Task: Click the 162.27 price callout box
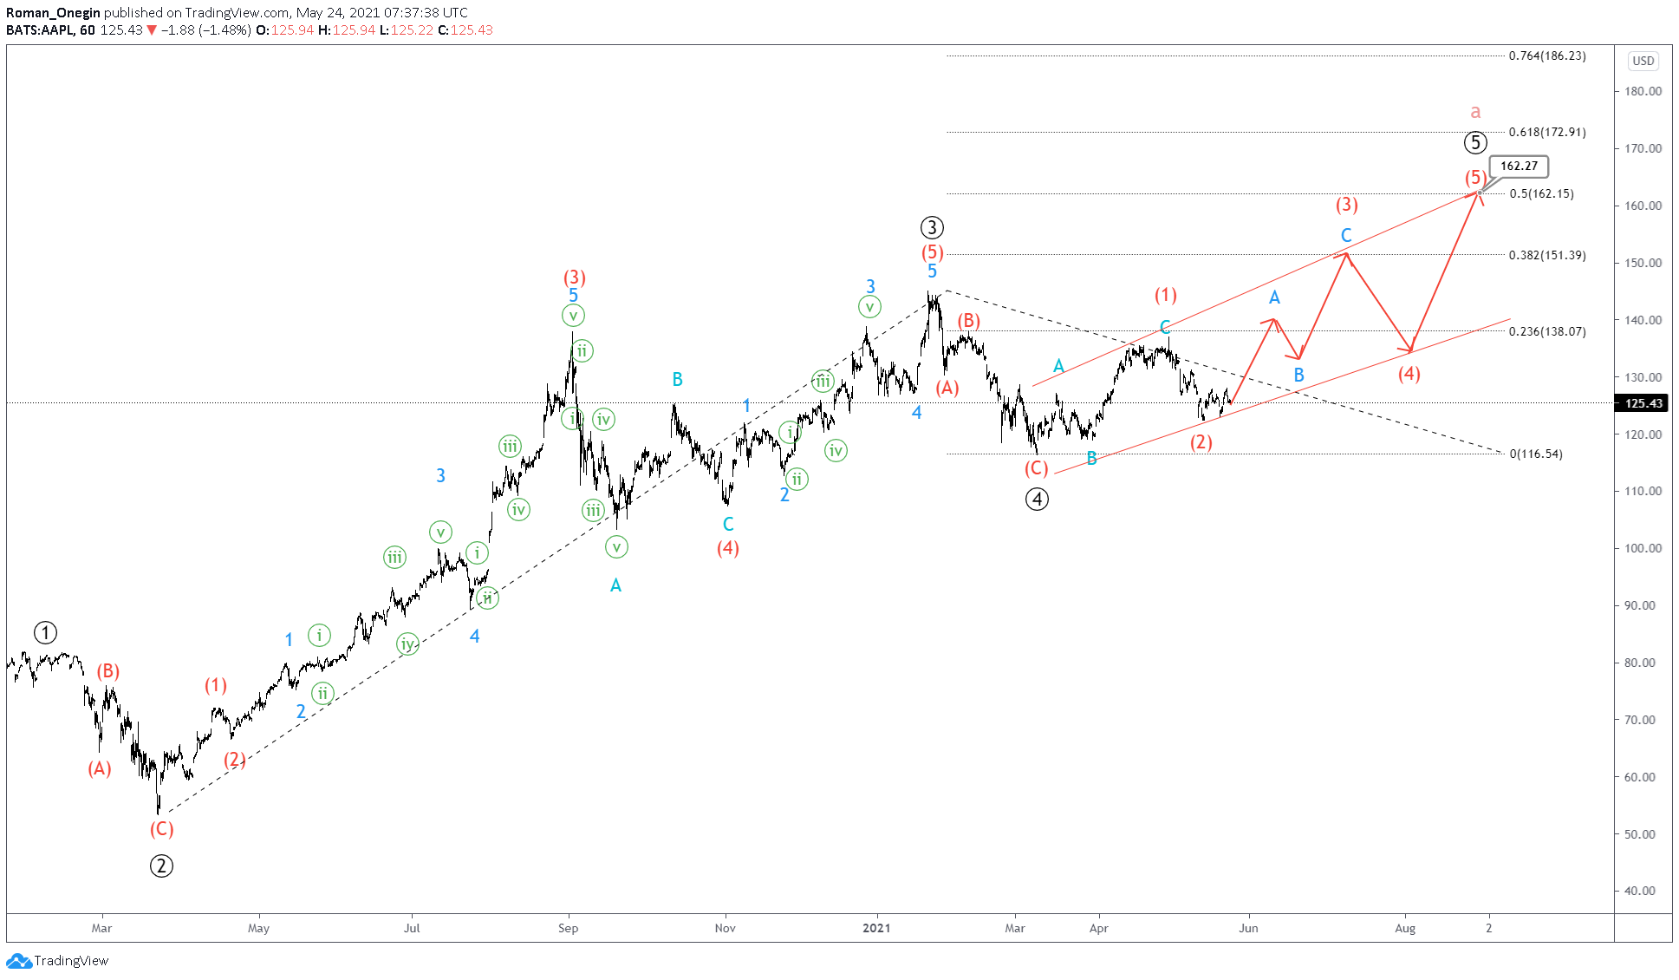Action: click(1519, 166)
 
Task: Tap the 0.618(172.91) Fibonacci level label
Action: click(1547, 132)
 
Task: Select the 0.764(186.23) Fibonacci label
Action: click(1547, 56)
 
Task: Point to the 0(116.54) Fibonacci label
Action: click(1536, 454)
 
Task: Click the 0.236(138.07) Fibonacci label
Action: click(1547, 331)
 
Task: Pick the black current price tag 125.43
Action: click(1643, 403)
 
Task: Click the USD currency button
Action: click(1643, 61)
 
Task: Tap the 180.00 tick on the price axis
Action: click(1643, 91)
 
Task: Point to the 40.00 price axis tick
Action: click(1643, 891)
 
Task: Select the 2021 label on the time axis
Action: click(876, 928)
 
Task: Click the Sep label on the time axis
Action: click(568, 928)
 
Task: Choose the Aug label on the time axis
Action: click(1405, 928)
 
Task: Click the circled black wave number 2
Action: click(161, 866)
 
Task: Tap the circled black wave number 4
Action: click(1037, 499)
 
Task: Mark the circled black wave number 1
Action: click(45, 633)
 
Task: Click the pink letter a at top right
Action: click(1475, 112)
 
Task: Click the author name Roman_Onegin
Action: click(53, 13)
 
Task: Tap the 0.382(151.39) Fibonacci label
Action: click(1547, 255)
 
